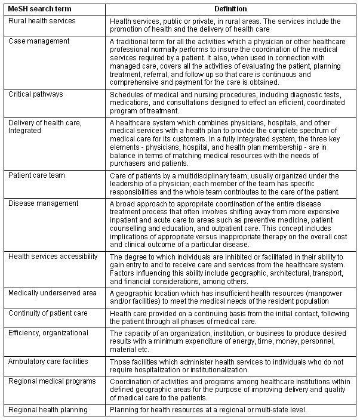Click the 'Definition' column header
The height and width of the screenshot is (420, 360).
[232, 8]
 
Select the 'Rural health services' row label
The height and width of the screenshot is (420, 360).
[42, 20]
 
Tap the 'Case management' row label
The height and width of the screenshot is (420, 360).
[39, 41]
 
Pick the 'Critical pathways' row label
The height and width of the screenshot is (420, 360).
[36, 94]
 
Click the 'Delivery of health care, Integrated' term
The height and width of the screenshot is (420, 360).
[45, 126]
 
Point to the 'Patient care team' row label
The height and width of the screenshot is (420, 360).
[37, 175]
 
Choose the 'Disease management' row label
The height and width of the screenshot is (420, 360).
[40, 203]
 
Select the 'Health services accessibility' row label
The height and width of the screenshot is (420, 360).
[53, 256]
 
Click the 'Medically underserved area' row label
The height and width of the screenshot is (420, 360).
[51, 292]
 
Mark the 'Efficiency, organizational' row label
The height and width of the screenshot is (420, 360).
[48, 332]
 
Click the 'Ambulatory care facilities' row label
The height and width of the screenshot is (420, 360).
[48, 361]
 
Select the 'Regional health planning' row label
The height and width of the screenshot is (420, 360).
[48, 409]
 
